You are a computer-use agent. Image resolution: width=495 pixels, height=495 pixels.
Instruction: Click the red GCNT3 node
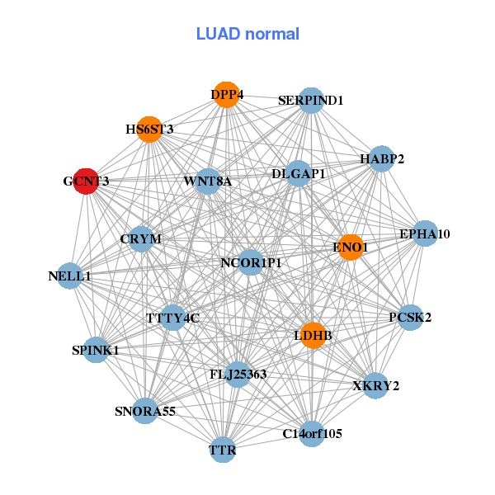87,181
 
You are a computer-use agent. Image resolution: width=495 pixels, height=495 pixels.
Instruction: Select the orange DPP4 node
227,95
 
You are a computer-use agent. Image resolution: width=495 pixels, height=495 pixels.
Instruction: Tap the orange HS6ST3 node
149,130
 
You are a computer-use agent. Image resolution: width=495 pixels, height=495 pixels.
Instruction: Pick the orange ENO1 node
351,247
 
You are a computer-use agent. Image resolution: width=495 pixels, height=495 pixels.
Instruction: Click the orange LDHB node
313,336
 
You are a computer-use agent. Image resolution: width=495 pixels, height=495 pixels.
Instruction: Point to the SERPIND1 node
310,101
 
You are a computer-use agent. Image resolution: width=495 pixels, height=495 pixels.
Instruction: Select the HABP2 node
381,158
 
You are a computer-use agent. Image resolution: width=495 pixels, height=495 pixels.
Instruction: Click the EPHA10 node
425,233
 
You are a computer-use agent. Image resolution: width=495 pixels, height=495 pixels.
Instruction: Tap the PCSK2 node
410,317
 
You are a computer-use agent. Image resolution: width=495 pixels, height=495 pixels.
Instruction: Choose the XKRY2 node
376,385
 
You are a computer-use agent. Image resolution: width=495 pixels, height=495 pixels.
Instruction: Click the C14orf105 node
312,433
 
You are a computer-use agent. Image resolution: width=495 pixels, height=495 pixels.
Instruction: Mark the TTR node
223,450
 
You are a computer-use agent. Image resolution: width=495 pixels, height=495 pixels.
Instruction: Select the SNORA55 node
145,410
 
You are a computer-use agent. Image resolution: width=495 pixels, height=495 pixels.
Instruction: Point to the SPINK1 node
96,350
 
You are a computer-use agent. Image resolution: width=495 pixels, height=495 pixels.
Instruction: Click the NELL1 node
70,276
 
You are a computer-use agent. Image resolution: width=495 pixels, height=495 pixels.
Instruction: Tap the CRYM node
141,239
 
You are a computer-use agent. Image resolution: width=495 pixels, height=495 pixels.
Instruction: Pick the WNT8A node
208,181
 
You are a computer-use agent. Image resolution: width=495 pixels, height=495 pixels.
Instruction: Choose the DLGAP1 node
299,174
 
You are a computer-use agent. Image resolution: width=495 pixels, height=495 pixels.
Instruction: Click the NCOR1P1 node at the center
252,263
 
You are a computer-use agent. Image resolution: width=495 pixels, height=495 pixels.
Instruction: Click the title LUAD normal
247,34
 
